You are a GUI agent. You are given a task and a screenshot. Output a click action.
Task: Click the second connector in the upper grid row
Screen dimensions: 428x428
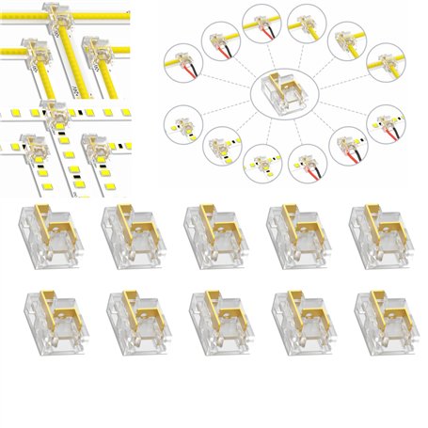[125, 230]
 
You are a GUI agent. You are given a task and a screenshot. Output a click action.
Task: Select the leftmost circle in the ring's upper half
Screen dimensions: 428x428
[184, 65]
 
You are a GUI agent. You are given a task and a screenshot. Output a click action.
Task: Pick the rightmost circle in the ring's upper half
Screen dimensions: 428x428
[386, 65]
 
